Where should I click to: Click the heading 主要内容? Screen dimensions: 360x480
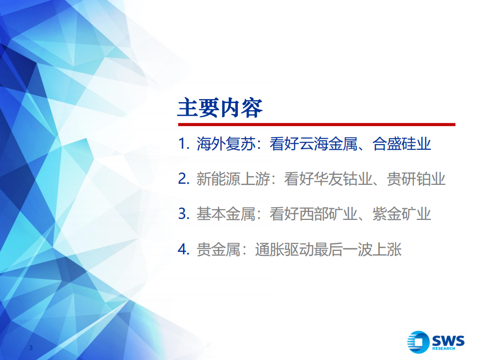tap(220, 107)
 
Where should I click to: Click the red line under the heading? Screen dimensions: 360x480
tap(316, 125)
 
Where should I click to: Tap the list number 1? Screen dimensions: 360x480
tap(182, 145)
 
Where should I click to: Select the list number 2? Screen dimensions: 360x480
tap(182, 180)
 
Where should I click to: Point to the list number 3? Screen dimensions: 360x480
tap(182, 214)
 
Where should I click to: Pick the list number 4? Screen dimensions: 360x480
tap(182, 249)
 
